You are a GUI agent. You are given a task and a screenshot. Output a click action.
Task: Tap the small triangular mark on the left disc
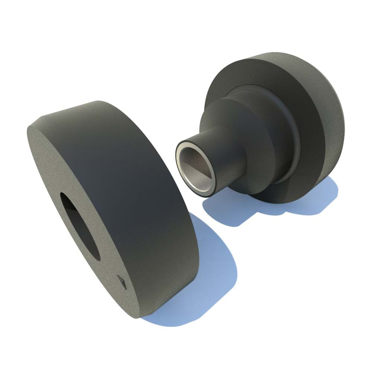tap(122, 281)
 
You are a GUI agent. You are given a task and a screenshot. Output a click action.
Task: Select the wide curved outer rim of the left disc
tap(141, 194)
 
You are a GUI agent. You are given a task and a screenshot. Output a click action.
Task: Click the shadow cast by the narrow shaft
tap(223, 212)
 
